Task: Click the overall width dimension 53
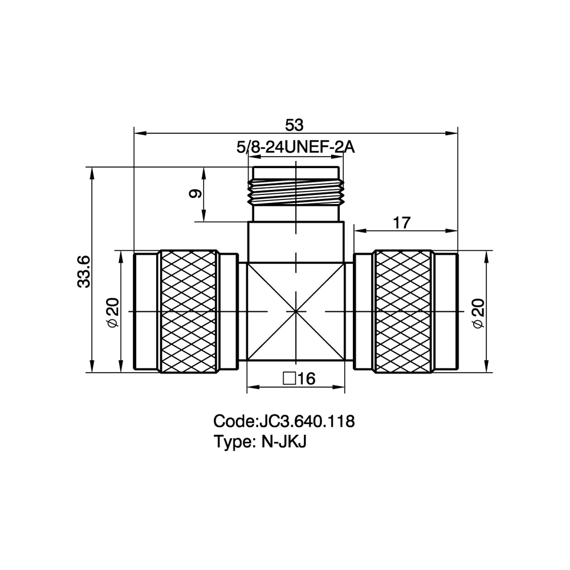(294, 125)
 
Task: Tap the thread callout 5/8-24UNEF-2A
(295, 148)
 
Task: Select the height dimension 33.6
(84, 271)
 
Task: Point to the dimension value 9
(195, 194)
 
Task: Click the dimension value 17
(402, 222)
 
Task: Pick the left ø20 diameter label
(113, 312)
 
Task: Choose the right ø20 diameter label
(479, 313)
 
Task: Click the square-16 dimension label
(299, 379)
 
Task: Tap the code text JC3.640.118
(306, 421)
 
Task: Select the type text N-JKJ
(284, 442)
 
